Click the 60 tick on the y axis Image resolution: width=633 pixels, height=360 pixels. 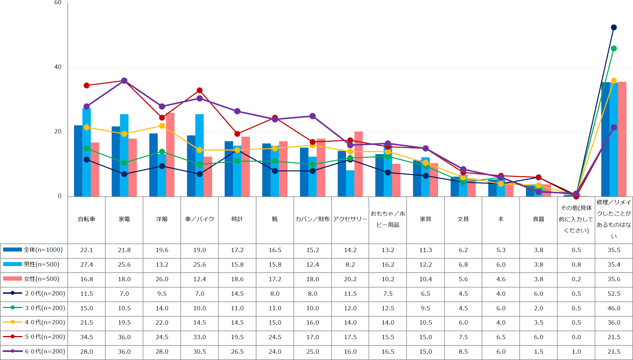click(58, 3)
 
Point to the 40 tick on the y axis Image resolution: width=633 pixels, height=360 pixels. click(58, 67)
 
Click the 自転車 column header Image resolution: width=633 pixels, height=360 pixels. click(87, 219)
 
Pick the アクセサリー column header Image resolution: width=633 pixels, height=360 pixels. click(350, 219)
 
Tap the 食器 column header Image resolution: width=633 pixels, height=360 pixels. click(538, 219)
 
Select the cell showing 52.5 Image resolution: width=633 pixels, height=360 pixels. click(614, 293)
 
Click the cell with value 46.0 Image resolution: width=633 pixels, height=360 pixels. click(614, 308)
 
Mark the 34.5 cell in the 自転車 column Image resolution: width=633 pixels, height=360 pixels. click(87, 337)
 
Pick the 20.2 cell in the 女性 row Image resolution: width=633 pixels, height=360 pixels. click(350, 279)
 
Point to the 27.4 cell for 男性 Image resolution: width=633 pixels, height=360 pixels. click(87, 264)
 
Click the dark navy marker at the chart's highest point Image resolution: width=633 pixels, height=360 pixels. click(614, 27)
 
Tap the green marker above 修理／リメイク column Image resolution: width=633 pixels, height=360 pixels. click(614, 49)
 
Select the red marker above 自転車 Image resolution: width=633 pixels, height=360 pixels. click(87, 85)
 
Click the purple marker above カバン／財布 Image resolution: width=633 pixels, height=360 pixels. click(313, 116)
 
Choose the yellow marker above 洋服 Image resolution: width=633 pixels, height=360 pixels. click(162, 126)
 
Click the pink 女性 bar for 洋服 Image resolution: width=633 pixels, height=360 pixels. click(170, 154)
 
